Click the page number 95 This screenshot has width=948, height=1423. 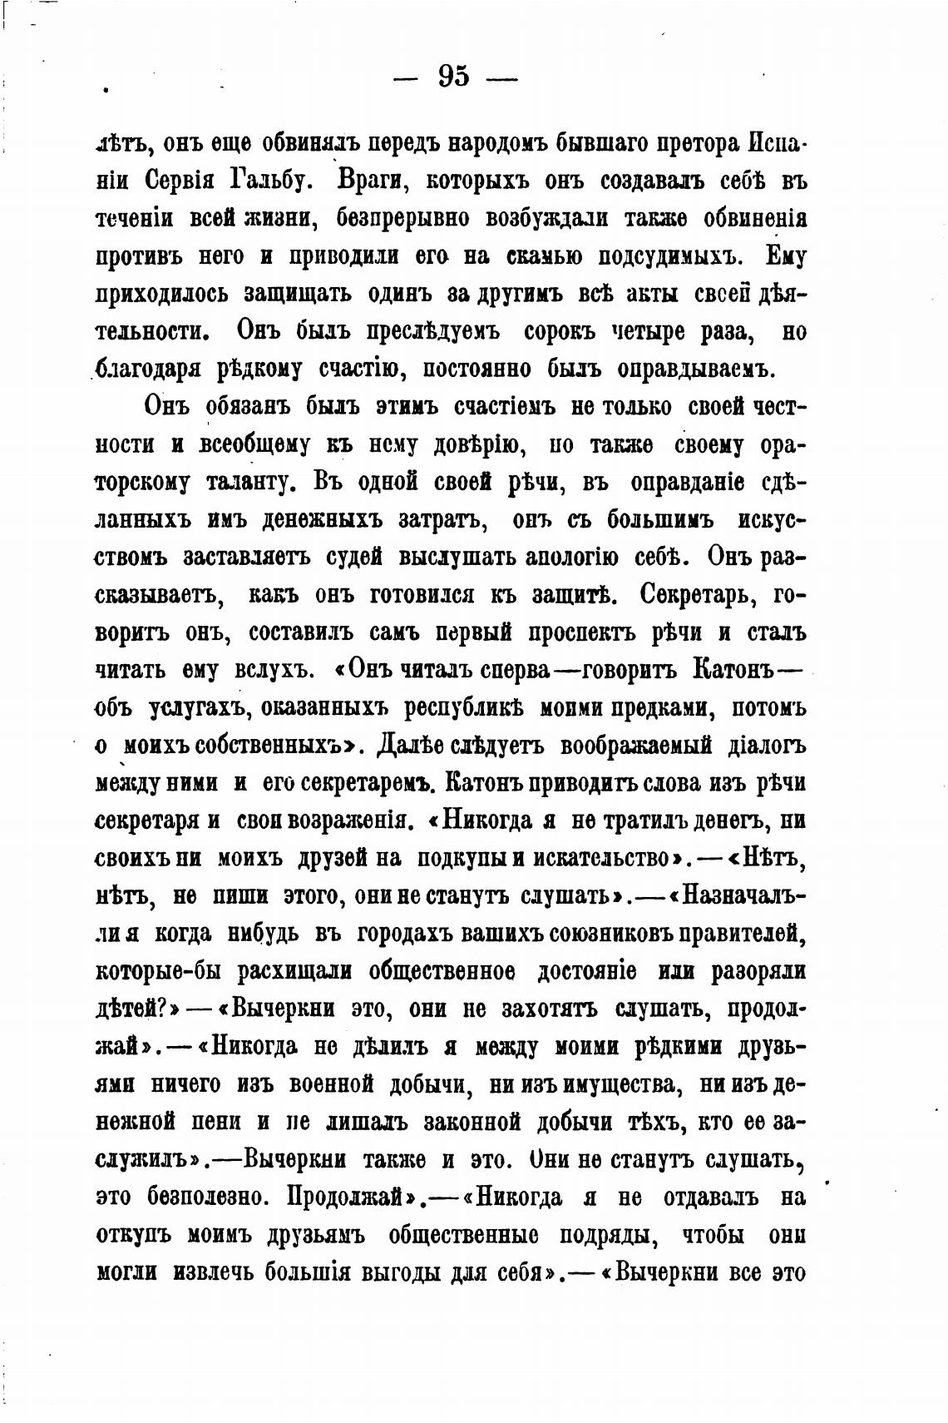click(453, 77)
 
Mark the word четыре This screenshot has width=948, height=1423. click(669, 330)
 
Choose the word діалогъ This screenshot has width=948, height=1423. click(765, 746)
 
